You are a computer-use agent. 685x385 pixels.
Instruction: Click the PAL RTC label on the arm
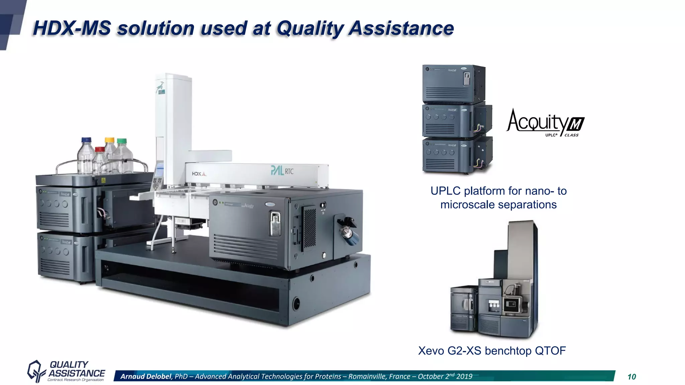[282, 171]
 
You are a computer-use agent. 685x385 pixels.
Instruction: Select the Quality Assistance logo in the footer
[66, 371]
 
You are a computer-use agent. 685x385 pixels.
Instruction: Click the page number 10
[631, 377]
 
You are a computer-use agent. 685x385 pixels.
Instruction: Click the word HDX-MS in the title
[72, 28]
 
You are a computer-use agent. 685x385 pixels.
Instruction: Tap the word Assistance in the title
[401, 28]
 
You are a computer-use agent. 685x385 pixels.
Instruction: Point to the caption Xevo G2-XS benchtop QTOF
[492, 351]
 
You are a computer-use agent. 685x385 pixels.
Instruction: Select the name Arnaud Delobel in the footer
[146, 376]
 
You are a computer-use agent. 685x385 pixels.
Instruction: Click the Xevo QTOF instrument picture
[495, 284]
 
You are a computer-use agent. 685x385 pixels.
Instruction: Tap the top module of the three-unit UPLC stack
[453, 84]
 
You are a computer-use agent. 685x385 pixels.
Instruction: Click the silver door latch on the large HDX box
[275, 223]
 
